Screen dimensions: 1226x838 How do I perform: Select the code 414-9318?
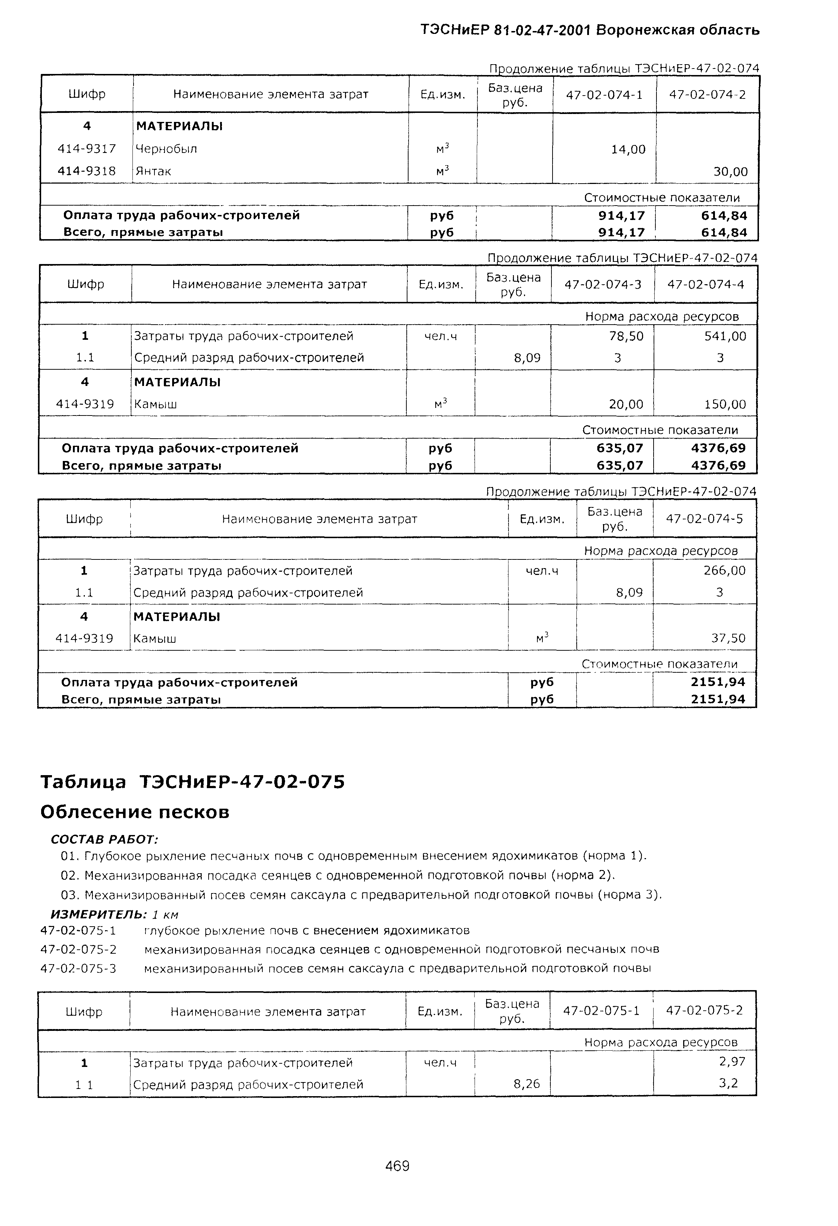click(x=87, y=171)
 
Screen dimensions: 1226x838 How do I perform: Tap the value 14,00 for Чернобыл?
click(x=628, y=150)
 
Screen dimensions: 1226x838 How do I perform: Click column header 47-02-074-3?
click(x=603, y=284)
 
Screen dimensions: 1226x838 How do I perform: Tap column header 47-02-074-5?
click(x=704, y=519)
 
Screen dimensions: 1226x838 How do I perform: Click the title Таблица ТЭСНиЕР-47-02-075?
click(x=193, y=781)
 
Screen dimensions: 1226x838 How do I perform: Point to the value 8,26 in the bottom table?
click(x=526, y=1084)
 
